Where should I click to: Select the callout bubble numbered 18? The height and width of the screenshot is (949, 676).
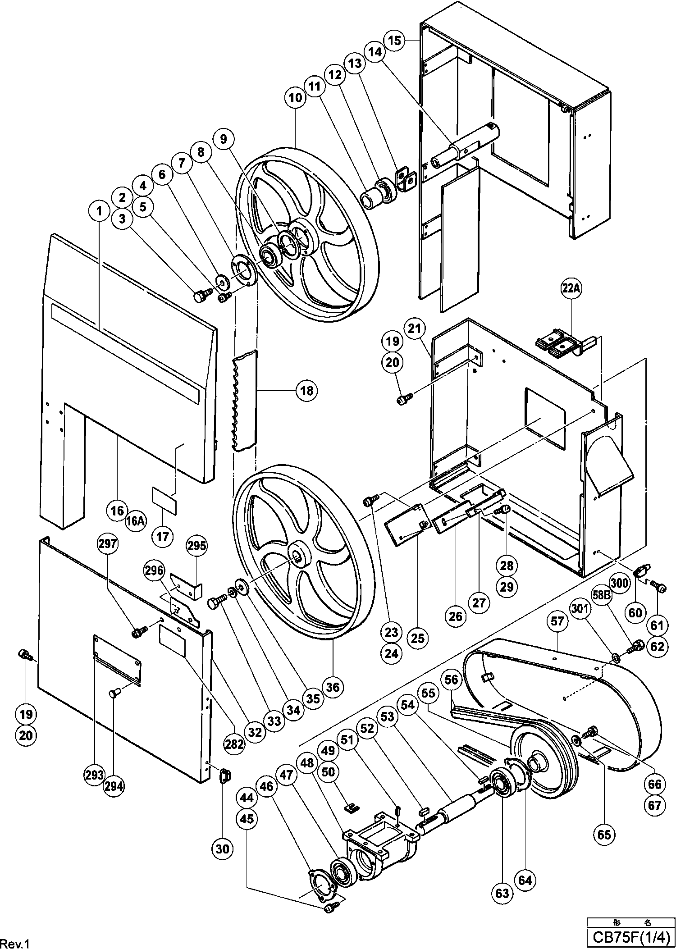coord(306,390)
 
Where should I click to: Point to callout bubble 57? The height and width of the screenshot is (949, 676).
coord(557,622)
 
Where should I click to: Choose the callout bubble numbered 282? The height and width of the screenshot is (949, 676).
coord(235,744)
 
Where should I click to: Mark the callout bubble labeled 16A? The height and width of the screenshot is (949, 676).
coord(136,521)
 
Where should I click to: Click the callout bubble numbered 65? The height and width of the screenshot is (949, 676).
coord(604,835)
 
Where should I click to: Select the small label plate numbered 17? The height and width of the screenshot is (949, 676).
coord(164,500)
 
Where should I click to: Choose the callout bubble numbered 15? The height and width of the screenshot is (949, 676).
coord(394,41)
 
